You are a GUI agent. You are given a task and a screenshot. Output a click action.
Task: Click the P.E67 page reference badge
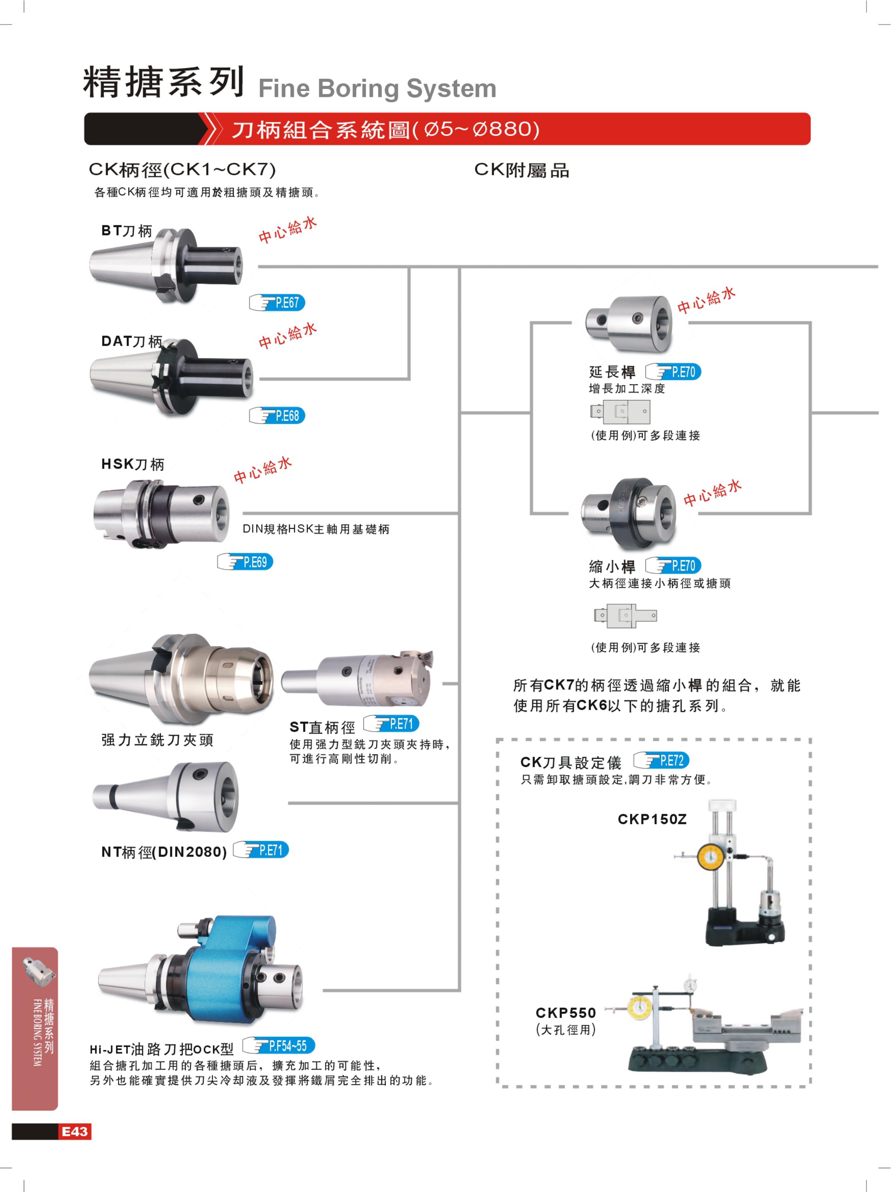[277, 303]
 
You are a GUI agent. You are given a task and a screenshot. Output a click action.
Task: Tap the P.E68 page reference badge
[277, 416]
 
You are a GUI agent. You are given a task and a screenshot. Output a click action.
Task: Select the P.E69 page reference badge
[245, 562]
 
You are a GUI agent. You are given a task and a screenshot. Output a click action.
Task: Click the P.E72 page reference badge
[662, 760]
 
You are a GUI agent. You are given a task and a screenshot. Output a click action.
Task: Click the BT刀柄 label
[127, 231]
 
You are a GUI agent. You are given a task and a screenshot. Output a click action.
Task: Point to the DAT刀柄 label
[132, 341]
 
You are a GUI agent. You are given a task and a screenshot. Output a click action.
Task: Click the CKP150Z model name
[652, 820]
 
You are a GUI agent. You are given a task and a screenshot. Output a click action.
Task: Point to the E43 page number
[74, 1131]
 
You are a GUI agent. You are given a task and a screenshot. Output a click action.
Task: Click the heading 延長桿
[612, 372]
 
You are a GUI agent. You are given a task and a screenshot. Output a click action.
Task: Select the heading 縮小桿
[612, 566]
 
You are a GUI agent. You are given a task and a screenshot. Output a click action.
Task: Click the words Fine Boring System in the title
[377, 88]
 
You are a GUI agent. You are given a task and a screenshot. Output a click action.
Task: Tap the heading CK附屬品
[521, 170]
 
